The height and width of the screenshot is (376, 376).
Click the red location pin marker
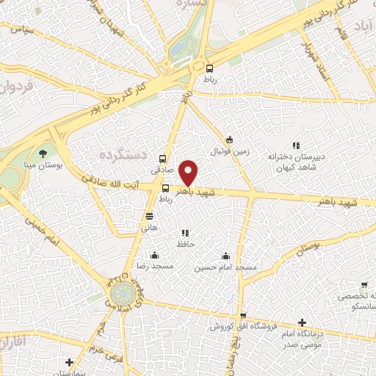[x=189, y=172]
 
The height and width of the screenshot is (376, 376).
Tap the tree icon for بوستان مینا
[x=44, y=153]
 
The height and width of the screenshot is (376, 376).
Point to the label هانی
[x=150, y=228]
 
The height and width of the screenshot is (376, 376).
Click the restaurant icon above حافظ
[x=185, y=232]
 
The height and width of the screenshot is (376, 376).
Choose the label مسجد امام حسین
[x=225, y=267]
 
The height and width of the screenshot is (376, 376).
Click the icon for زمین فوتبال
[x=229, y=140]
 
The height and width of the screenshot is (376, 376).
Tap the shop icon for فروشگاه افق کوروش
[x=242, y=316]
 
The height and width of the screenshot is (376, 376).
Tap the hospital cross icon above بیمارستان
[x=69, y=362]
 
